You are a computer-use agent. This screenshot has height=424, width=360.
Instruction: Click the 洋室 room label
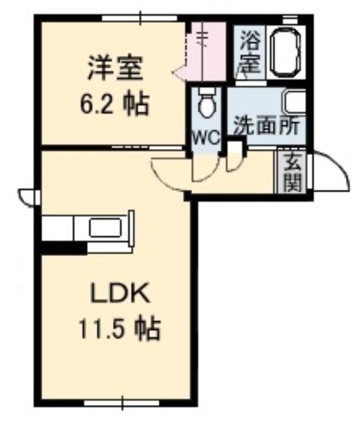[115, 68]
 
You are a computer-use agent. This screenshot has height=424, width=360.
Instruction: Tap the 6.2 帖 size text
[115, 104]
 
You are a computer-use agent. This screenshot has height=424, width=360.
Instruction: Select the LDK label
[120, 294]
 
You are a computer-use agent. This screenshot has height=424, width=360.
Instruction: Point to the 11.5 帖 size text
[119, 329]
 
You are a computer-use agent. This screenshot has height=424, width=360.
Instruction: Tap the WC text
[206, 138]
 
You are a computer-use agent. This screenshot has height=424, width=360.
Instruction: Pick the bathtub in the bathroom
[286, 51]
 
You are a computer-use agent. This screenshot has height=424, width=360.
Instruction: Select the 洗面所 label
[267, 126]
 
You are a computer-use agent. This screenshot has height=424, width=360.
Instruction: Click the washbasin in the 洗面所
[294, 103]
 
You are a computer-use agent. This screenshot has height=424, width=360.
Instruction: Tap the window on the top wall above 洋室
[139, 18]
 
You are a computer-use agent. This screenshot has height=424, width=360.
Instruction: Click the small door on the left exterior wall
[29, 197]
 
